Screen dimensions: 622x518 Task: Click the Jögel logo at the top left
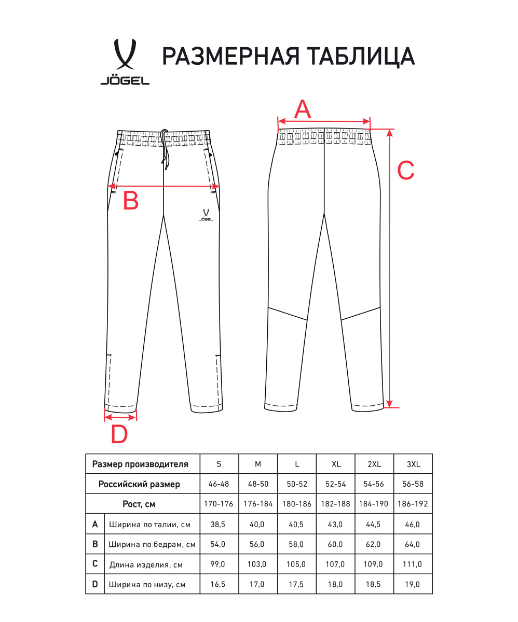click(125, 62)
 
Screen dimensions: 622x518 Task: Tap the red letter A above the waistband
click(303, 109)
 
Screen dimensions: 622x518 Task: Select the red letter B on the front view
click(130, 201)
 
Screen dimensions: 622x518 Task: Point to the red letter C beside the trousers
click(405, 170)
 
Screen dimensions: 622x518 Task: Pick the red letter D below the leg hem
click(119, 434)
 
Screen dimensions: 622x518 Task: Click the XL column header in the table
click(336, 464)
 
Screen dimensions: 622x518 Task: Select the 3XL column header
click(413, 464)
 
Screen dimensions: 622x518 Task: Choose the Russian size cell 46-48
click(220, 484)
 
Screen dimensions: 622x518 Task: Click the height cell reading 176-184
click(258, 504)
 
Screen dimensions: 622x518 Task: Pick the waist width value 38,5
click(220, 524)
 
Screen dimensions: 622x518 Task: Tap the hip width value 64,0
click(413, 544)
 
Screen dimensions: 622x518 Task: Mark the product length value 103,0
click(258, 564)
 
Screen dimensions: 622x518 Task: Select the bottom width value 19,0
click(413, 584)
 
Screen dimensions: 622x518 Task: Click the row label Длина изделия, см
click(146, 564)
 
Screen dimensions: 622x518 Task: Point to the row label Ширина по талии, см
click(149, 525)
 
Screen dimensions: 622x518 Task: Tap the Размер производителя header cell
click(140, 464)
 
